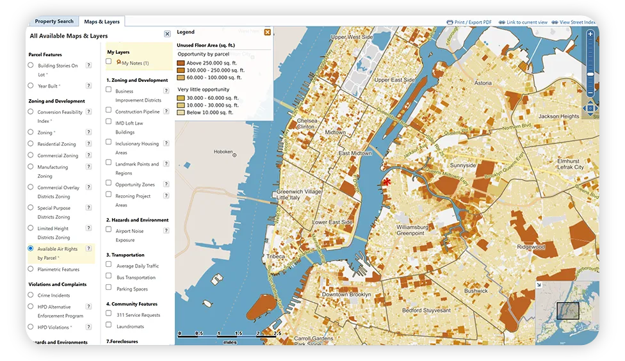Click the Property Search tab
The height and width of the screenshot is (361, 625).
(54, 22)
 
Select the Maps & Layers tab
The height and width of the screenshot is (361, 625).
(101, 22)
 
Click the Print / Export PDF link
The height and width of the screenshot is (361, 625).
(470, 22)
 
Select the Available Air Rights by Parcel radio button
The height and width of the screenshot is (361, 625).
(31, 248)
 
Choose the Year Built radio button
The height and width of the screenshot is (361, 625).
(31, 86)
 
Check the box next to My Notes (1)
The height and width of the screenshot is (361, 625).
(109, 61)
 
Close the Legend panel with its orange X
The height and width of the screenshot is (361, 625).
(268, 32)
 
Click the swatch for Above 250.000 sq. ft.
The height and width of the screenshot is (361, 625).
(181, 63)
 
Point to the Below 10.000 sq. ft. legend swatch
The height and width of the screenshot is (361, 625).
(181, 112)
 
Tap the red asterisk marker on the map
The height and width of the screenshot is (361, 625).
(387, 182)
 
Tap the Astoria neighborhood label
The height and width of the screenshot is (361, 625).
(483, 83)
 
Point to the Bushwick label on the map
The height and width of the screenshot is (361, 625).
(476, 291)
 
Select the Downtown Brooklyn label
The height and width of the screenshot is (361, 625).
(347, 294)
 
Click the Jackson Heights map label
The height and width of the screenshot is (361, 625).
(558, 116)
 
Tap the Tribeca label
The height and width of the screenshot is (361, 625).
(275, 256)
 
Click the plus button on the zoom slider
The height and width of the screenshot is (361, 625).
(590, 34)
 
